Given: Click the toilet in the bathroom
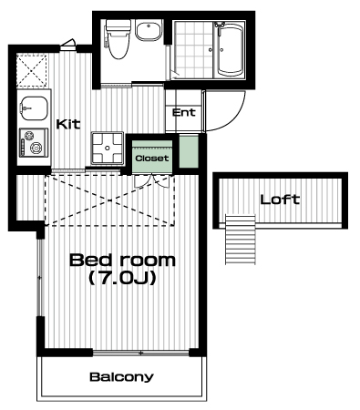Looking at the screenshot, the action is coord(118,39).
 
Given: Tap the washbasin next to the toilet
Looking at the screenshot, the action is coord(149,30).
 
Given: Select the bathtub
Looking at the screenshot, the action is coord(231,49).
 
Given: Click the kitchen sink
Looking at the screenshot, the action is coord(34,108).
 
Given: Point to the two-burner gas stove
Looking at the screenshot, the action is coord(34,142).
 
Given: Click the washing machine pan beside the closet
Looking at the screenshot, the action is coord(108,149).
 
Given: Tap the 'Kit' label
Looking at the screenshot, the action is coord(68,124).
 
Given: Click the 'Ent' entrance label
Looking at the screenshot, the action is coord(184,113).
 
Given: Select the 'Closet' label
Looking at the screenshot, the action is coord(152,159).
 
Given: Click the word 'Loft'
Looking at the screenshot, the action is coord(280,200).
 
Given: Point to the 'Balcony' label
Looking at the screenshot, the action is coord(121,377).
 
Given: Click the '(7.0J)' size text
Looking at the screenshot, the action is coord(122,278).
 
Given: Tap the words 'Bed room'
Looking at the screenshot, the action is coord(122,261).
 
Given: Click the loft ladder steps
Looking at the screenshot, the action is coord(241,240).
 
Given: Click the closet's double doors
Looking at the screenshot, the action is coord(151,181).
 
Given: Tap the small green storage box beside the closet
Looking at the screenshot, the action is coord(189,152).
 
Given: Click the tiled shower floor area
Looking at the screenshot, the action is coord(193,49).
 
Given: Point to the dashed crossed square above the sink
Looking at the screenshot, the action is coord(32,70).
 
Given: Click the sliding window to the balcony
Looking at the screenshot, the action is coord(140,353).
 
